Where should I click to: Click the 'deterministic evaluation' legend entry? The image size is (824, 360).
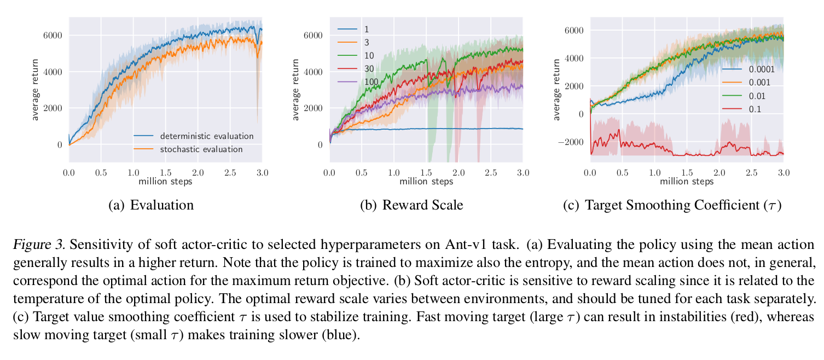pyautogui.click(x=206, y=136)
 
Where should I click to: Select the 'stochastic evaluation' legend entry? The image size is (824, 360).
pyautogui.click(x=201, y=149)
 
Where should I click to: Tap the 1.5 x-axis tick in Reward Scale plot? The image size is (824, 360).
pyautogui.click(x=426, y=173)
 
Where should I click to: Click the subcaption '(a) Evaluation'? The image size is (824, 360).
pyautogui.click(x=151, y=205)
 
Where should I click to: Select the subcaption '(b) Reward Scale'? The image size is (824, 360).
pyautogui.click(x=411, y=205)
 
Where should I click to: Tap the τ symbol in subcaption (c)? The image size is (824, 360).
pyautogui.click(x=770, y=206)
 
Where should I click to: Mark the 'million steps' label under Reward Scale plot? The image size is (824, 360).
pyautogui.click(x=426, y=182)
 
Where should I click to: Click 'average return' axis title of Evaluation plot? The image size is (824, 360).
pyautogui.click(x=35, y=90)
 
